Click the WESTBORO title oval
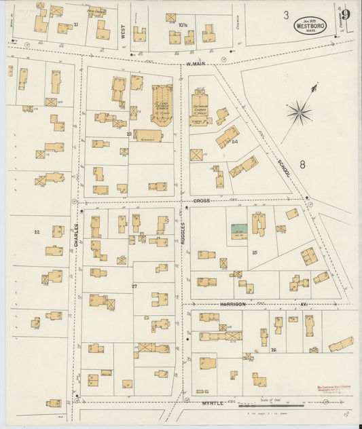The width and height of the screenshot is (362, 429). pyautogui.click(x=310, y=26)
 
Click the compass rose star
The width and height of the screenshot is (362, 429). pyautogui.click(x=299, y=112)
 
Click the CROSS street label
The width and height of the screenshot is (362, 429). pyautogui.click(x=201, y=201)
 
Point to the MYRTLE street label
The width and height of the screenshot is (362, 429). pyautogui.click(x=212, y=403)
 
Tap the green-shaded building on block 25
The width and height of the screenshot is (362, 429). pyautogui.click(x=238, y=229)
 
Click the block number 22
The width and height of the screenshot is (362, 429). pyautogui.click(x=37, y=232)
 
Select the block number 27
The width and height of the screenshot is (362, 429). pyautogui.click(x=134, y=286)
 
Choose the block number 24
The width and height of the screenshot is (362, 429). pyautogui.click(x=234, y=142)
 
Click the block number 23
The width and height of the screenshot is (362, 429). pyautogui.click(x=128, y=134)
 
